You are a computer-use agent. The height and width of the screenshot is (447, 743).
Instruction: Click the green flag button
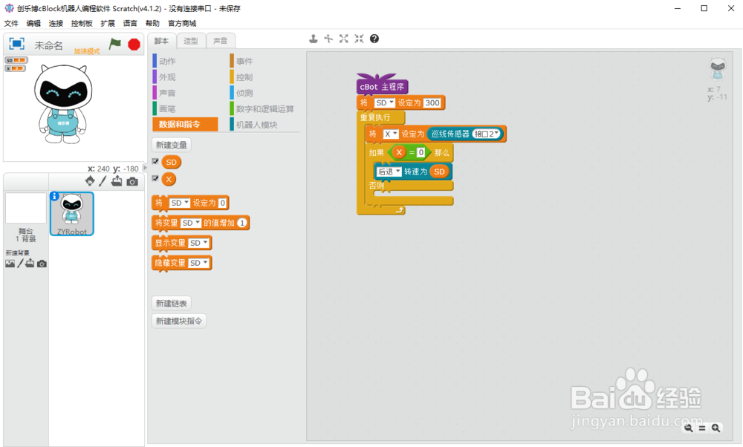pos(115,45)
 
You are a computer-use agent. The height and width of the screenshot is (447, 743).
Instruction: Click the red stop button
pos(134,45)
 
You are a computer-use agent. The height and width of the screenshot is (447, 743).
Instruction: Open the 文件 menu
pos(11,24)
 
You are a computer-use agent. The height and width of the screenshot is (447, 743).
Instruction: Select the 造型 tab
pos(191,41)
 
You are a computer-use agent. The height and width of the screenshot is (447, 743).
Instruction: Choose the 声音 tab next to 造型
pos(221,41)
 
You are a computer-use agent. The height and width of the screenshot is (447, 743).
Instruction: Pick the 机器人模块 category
pos(256,125)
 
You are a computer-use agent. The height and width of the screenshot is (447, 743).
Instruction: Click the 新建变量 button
pos(170,145)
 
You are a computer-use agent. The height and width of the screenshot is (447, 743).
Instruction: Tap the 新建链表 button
pos(171,303)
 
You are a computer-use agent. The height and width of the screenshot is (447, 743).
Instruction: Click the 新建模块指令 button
pos(178,321)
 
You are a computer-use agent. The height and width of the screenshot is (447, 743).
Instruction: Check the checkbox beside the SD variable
pos(155,161)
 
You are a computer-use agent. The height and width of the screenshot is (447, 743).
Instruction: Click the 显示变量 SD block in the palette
pos(181,243)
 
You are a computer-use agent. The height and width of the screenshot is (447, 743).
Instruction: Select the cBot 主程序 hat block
pos(382,87)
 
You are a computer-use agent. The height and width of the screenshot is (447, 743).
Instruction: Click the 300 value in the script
pos(432,103)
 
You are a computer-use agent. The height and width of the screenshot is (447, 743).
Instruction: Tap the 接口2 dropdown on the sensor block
pos(487,134)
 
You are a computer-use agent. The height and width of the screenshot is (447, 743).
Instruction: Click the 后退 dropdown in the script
pos(389,172)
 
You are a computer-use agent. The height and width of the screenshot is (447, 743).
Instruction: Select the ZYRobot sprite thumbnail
pos(71,214)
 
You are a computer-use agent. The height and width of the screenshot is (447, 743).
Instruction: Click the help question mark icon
pos(374,39)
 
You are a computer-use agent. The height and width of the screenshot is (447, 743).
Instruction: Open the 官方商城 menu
pos(182,24)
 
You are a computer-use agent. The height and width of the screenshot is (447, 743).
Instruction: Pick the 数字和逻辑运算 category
pos(265,109)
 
